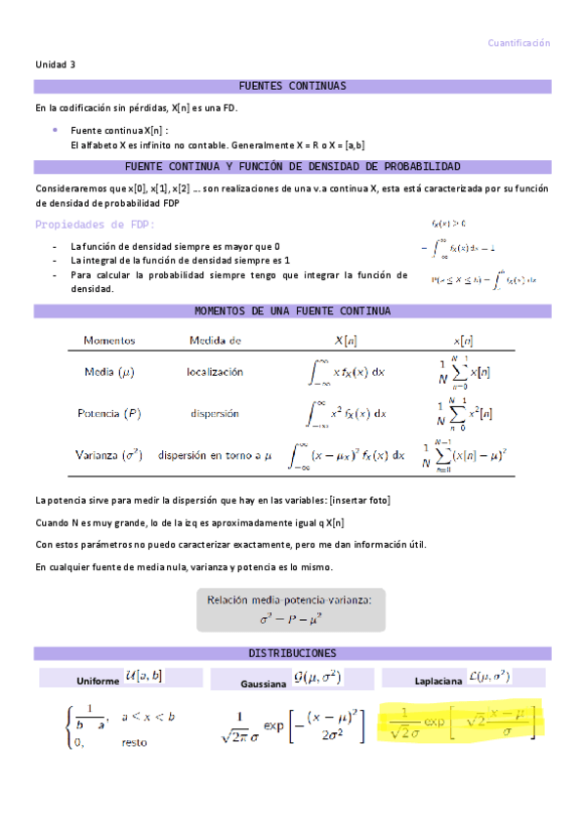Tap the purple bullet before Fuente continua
coord(55,129)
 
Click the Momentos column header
coord(108,341)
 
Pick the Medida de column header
coord(215,341)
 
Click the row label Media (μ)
coord(109,372)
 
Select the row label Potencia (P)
coord(108,413)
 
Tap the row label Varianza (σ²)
coord(108,454)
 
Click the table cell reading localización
coord(215,372)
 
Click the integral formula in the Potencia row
coord(348,413)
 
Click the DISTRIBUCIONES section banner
coord(292,653)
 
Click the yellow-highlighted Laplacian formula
coord(457,723)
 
